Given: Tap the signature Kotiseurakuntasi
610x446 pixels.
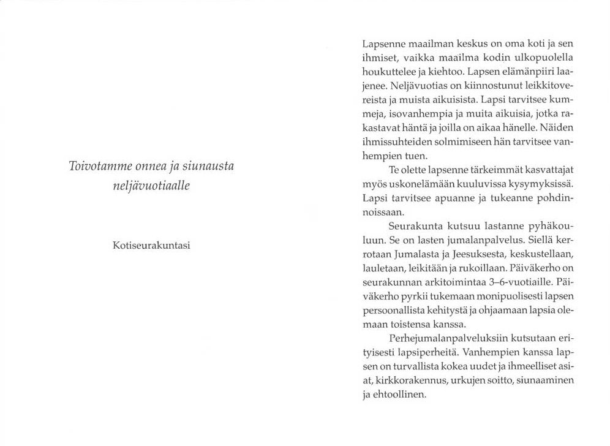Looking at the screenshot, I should [151, 245].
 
